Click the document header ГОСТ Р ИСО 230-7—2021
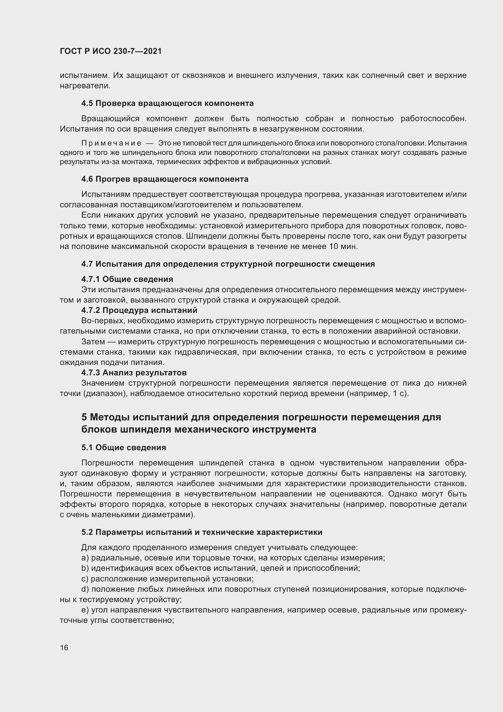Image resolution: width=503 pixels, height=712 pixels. coord(111,51)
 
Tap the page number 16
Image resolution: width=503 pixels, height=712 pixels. coord(64,647)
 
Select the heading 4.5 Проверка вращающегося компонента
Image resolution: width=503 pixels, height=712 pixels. coord(167,103)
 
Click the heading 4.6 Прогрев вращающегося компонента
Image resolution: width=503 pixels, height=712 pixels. coord(165,179)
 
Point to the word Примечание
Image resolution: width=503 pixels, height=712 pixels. coord(111,143)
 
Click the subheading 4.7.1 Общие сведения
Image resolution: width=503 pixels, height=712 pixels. coord(127,279)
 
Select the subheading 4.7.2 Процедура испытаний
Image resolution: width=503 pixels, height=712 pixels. coord(139,310)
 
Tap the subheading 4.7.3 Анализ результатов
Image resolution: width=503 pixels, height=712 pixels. coord(134,372)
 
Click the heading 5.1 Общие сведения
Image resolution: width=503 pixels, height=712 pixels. coord(124,447)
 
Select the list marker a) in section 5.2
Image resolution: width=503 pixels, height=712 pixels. coord(85,558)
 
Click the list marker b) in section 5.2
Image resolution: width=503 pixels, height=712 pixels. coord(85,568)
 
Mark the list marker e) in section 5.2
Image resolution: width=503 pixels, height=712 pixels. coord(85,610)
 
